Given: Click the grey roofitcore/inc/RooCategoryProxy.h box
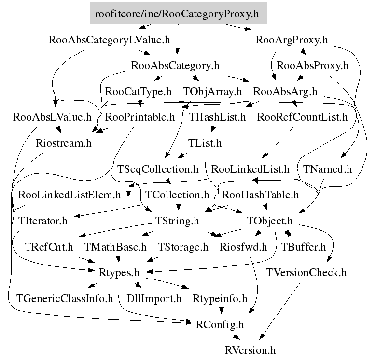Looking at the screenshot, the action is pos(179,14).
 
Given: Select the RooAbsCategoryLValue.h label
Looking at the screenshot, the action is pos(110,40).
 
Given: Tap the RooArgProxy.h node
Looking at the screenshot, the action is pos(292,40).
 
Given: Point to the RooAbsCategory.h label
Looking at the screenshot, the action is pos(175,66).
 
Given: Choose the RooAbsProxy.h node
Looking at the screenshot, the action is pos(312,66).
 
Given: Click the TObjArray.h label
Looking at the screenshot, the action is pos(212,91).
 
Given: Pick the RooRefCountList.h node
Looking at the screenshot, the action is pos(302,117).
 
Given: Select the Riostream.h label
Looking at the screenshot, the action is pos(64,143).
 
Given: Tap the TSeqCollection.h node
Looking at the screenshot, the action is pos(158,169).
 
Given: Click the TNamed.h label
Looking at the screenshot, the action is pos(327,169).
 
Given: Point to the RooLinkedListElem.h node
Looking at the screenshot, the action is pos(70,195).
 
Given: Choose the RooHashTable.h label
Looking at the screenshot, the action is pos(260,195).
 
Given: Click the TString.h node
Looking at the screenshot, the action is pos(177,221).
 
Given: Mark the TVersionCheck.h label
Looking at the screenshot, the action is pos(306,273).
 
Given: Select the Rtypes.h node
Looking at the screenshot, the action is pos(119,273).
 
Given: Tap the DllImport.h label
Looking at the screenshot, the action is pos(154,298).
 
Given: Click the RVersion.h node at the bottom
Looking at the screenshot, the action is pos(250,350).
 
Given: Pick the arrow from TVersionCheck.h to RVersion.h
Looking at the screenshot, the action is pos(279,311).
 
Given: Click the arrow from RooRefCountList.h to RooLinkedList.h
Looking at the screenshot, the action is pos(277,143).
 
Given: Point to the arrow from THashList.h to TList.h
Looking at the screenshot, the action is pos(213,129).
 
